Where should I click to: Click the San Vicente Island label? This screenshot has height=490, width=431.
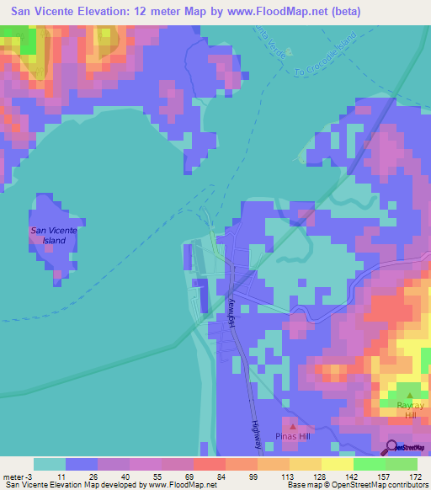pyautogui.click(x=53, y=235)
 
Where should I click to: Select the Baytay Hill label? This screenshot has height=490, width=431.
pyautogui.click(x=411, y=409)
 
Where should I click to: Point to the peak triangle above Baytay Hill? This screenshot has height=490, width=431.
pyautogui.click(x=410, y=394)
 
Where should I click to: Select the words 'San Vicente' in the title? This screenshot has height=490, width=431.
pyautogui.click(x=41, y=12)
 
